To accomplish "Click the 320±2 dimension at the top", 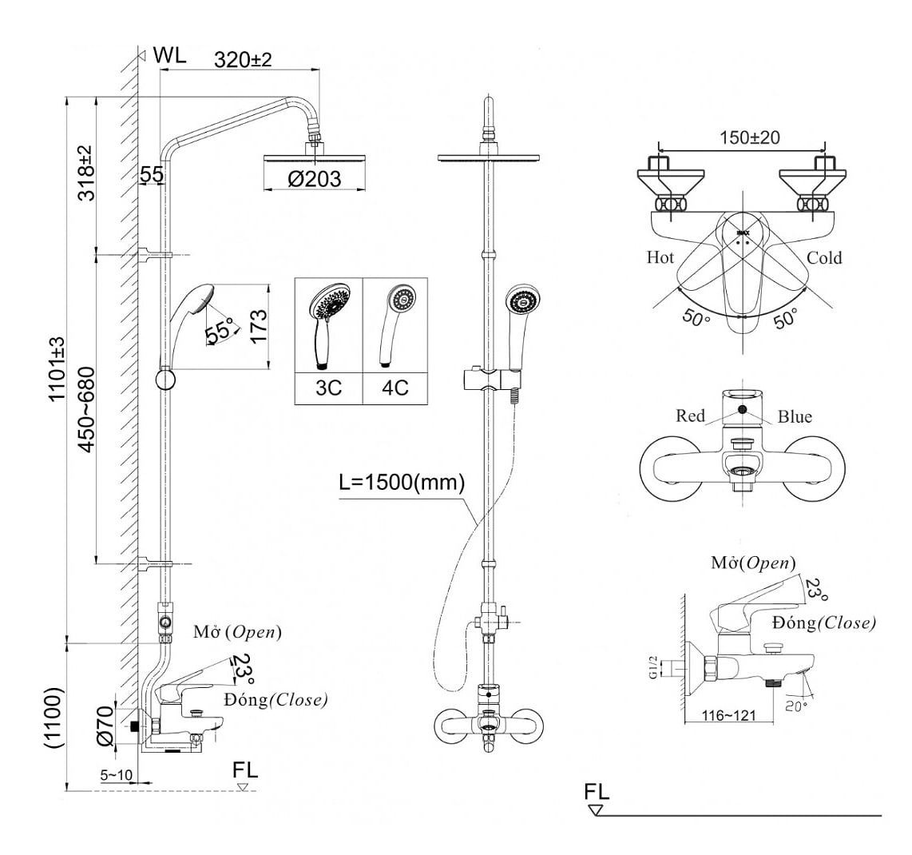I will point(244,60).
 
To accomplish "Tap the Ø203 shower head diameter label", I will point(314,179).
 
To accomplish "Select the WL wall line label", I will point(169,55).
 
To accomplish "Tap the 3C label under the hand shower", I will point(328,388).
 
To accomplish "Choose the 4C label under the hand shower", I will point(395,388).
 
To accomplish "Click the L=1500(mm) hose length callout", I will point(402,483).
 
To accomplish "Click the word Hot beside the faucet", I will point(660,257).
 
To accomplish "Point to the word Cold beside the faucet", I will point(823,257).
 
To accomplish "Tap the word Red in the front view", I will point(690,416).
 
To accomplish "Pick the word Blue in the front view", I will point(795,416).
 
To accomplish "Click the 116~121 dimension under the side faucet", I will point(728,715).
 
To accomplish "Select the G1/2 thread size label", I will point(652,667).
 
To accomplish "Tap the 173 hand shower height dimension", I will point(257,325).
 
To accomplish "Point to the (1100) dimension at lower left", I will point(54,717).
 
